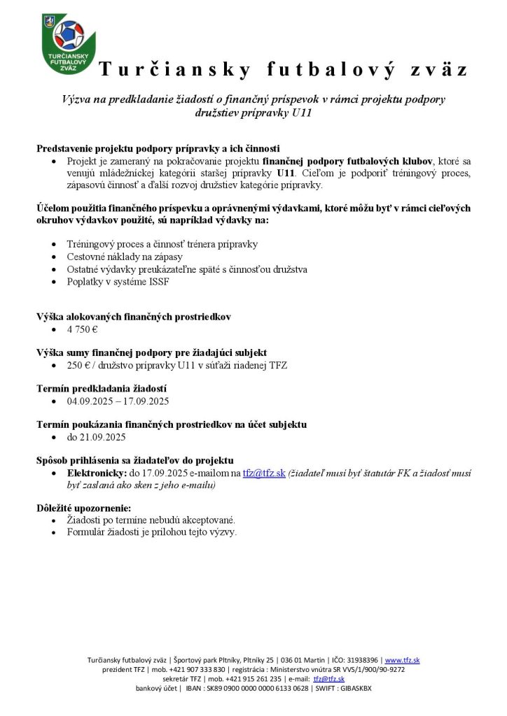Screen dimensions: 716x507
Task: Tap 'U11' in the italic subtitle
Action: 301,112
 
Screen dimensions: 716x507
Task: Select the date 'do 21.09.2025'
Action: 96,437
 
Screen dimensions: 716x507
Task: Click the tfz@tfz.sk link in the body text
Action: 264,473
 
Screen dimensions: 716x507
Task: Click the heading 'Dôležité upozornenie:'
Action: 83,508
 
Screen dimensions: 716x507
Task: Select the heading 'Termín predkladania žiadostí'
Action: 101,389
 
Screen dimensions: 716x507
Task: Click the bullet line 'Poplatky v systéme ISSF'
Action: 118,282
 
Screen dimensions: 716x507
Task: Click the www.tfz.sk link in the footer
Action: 402,660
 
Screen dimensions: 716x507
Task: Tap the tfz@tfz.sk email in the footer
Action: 328,679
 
